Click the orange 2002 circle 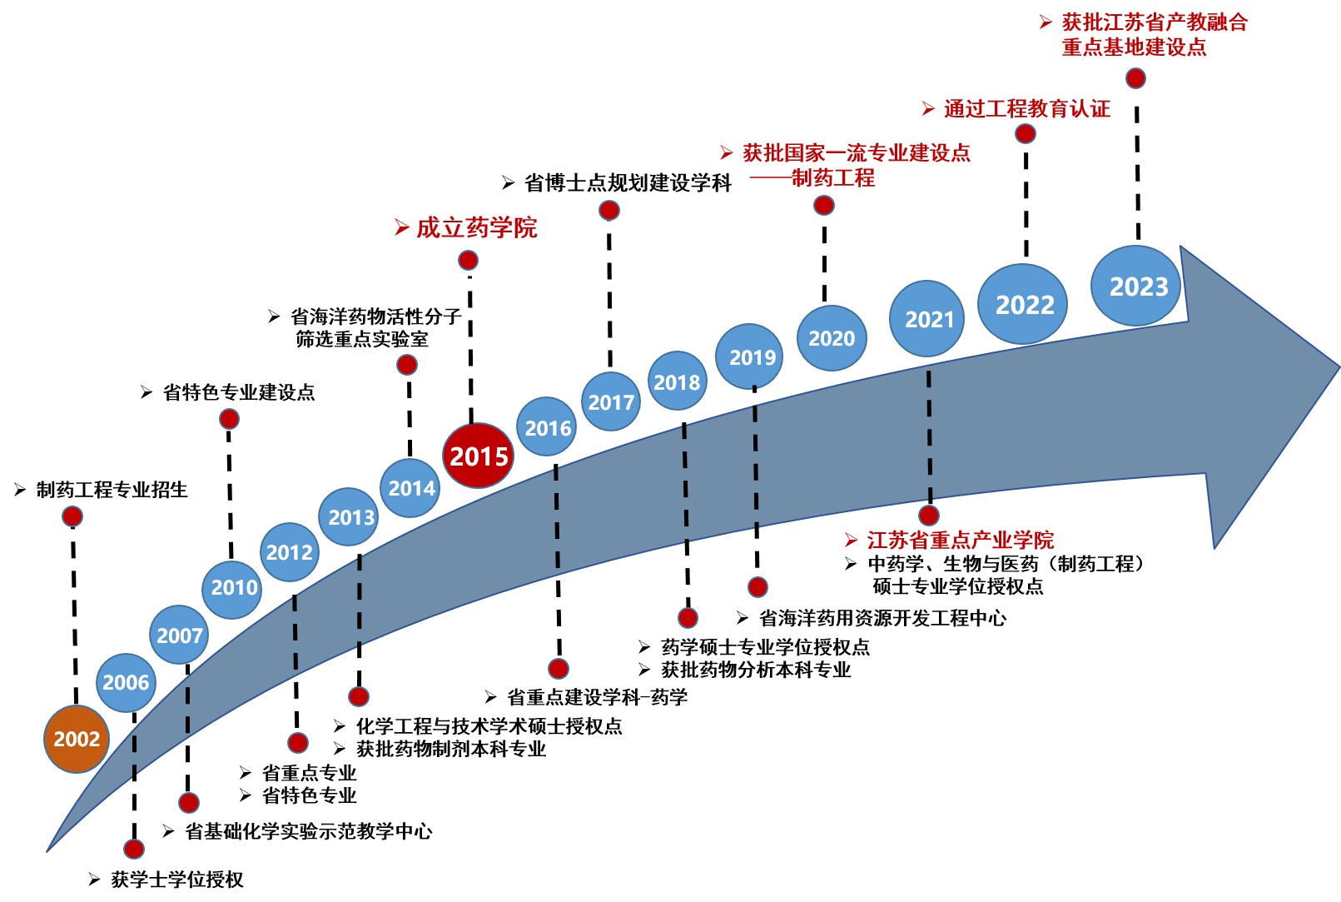pyautogui.click(x=77, y=739)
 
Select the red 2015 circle pyautogui.click(x=479, y=456)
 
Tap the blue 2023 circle pyautogui.click(x=1138, y=287)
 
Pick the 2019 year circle pyautogui.click(x=752, y=357)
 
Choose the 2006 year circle pyautogui.click(x=126, y=683)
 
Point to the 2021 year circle pyautogui.click(x=928, y=319)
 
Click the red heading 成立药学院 pyautogui.click(x=476, y=227)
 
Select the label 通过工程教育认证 pyautogui.click(x=1026, y=109)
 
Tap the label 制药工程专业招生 pyautogui.click(x=112, y=490)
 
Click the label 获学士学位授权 pyautogui.click(x=176, y=880)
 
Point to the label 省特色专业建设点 pyautogui.click(x=238, y=392)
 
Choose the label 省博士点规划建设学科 pyautogui.click(x=628, y=183)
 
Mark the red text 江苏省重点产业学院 pyautogui.click(x=960, y=540)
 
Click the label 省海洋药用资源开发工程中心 pyautogui.click(x=882, y=618)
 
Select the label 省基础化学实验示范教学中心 pyautogui.click(x=308, y=831)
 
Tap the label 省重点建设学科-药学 pyautogui.click(x=597, y=697)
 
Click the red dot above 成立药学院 pyautogui.click(x=468, y=261)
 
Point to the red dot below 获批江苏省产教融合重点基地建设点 pyautogui.click(x=1135, y=78)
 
